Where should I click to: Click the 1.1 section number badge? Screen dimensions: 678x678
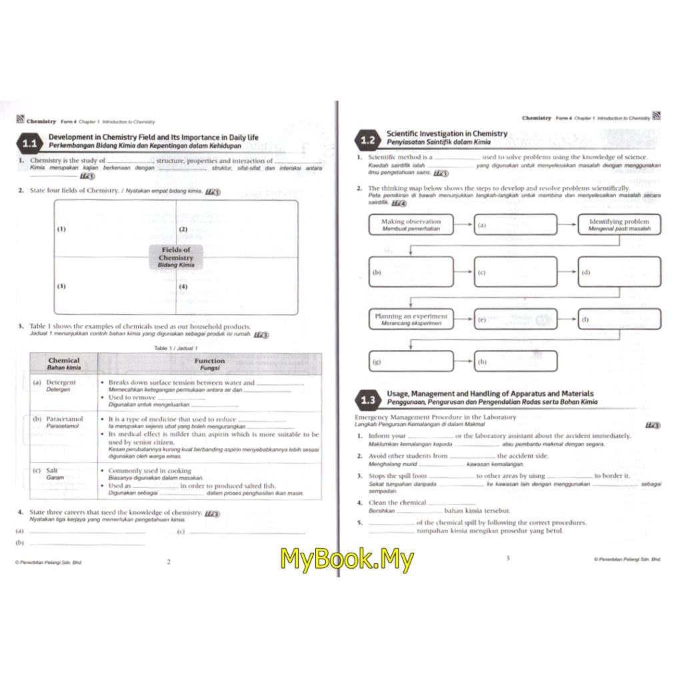(29, 143)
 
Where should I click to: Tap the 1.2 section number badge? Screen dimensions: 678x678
(368, 140)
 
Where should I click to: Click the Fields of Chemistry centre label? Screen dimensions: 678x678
(176, 257)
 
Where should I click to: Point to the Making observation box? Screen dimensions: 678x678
(411, 225)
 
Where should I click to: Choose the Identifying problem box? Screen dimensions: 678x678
(619, 225)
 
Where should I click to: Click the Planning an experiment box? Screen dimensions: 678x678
(411, 319)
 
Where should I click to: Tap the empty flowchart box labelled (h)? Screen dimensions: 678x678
(515, 362)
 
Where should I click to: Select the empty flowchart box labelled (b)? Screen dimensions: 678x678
(411, 272)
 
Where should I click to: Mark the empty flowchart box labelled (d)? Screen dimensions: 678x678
(619, 272)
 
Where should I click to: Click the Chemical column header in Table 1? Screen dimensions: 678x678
(63, 363)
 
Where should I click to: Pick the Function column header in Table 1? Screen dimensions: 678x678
(209, 363)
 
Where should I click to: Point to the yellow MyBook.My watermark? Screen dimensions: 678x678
(347, 559)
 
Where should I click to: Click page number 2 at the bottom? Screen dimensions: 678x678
(169, 561)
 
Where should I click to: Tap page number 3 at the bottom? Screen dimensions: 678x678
(507, 558)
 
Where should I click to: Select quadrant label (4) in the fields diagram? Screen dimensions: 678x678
(183, 287)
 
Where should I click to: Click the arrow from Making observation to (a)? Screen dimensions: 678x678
(463, 225)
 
